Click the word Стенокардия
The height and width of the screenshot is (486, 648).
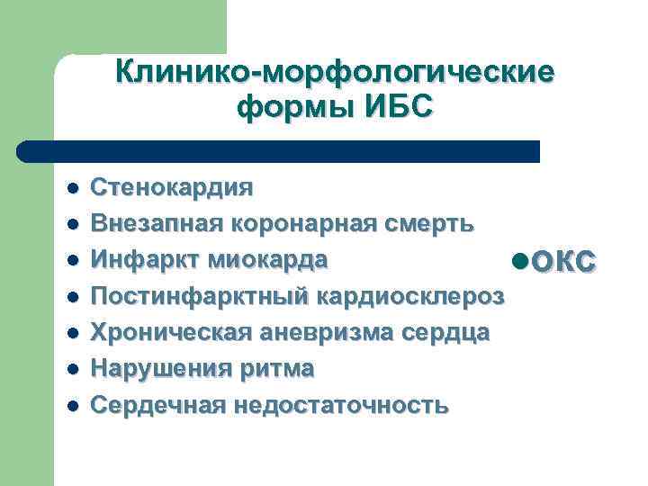click(172, 187)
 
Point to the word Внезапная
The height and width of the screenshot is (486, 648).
click(157, 223)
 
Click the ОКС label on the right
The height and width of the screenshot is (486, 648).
click(562, 261)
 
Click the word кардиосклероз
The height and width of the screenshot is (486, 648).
click(413, 296)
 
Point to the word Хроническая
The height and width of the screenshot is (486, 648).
click(173, 332)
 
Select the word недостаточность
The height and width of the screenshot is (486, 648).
click(340, 405)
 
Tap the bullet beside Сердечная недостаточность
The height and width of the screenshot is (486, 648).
click(72, 406)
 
